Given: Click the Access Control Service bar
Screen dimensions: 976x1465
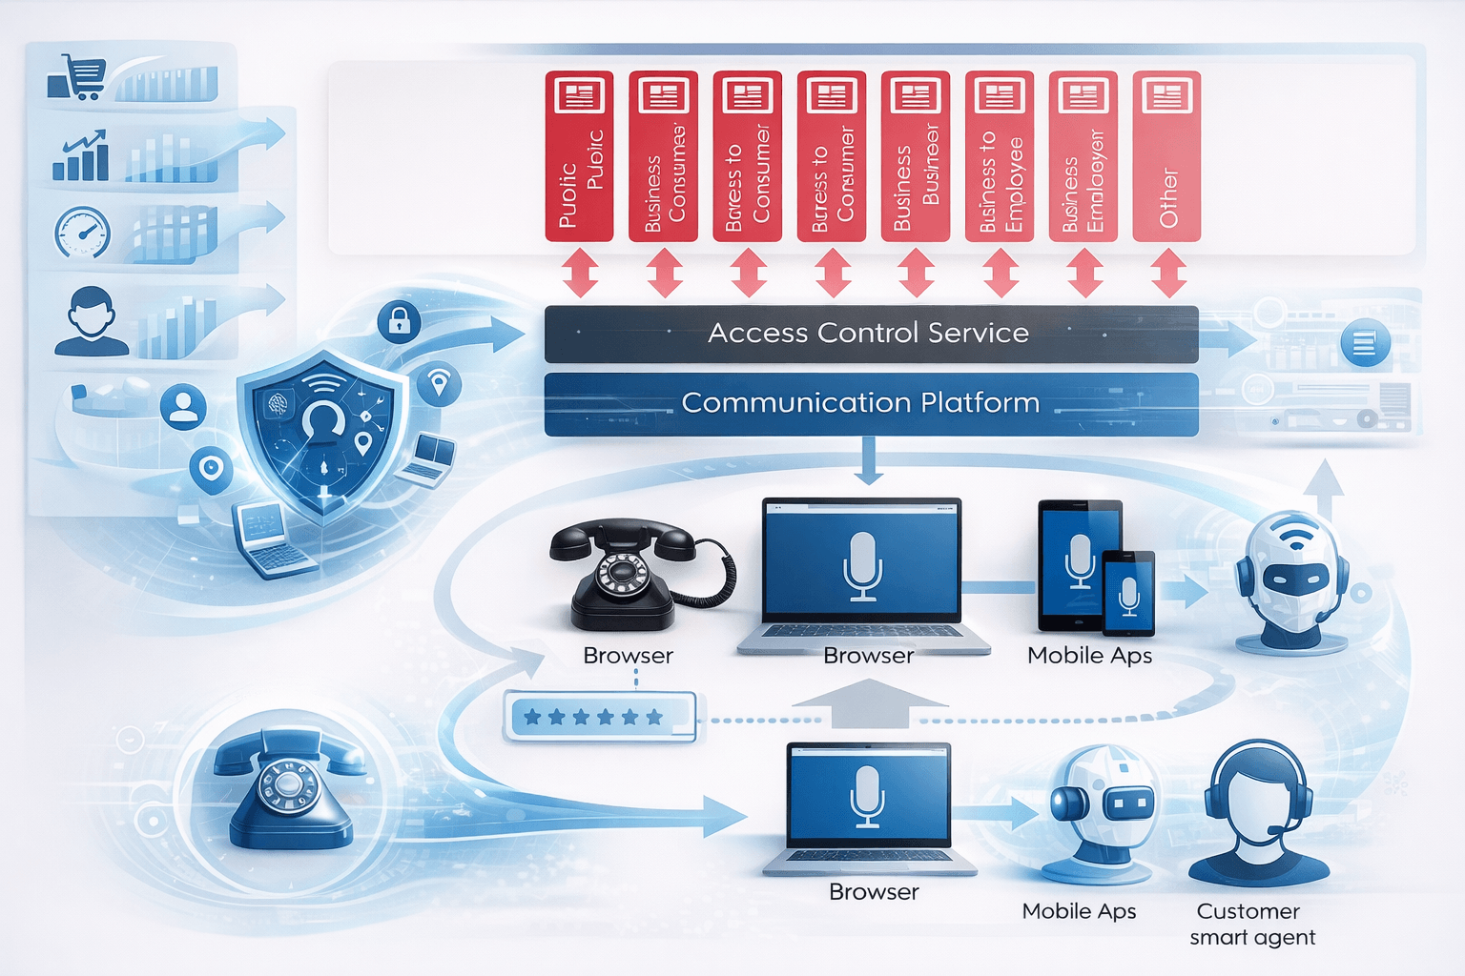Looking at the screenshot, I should coord(871,334).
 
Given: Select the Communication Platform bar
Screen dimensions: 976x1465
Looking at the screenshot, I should coord(871,403).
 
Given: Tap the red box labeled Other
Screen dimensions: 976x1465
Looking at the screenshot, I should coord(1166,156).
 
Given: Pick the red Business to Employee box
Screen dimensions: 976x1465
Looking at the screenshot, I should coord(999,156).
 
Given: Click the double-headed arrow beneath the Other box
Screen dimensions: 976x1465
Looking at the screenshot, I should coord(1168,273).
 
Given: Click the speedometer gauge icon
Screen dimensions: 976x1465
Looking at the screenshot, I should coord(83,232).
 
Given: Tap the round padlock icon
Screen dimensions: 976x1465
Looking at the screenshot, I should coord(399,321).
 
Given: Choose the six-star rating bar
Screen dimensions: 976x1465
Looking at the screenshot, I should coord(598,717).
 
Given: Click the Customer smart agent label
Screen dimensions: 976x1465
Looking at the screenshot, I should coord(1251,924).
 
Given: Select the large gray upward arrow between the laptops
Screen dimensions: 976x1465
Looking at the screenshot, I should coord(869,703).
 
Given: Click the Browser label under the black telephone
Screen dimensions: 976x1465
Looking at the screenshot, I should coord(628,656).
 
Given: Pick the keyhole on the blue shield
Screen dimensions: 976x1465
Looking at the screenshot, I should coord(323,420).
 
